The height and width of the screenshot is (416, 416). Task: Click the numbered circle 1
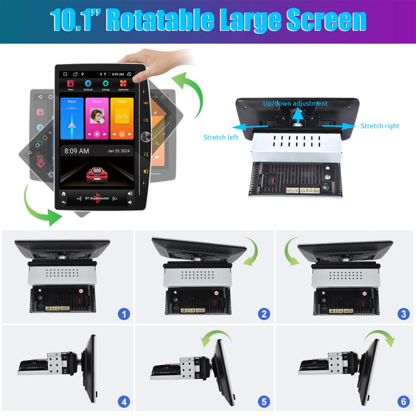point(124,314)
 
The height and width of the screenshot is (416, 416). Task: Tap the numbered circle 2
point(264,314)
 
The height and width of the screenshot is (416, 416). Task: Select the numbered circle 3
point(402,314)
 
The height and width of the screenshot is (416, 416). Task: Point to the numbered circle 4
point(124,401)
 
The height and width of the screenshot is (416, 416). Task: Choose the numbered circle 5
point(264,401)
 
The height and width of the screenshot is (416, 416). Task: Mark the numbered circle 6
point(402,401)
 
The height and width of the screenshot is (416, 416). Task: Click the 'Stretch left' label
point(220,137)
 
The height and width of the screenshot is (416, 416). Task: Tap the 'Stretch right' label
point(380,126)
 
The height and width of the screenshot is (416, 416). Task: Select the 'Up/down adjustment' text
point(295,103)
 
